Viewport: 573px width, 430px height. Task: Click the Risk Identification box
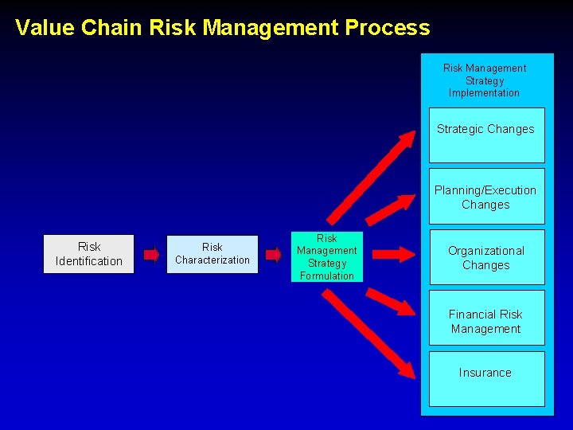coord(88,254)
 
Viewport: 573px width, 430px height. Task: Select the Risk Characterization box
coord(212,254)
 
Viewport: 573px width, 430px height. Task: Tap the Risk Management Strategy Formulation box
coord(326,256)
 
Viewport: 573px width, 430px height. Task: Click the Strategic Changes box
coord(486,135)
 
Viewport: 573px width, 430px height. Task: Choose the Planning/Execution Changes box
coord(486,196)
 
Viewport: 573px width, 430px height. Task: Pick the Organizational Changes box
coord(486,257)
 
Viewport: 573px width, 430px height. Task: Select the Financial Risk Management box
coord(486,318)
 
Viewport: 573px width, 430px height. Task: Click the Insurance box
coord(486,378)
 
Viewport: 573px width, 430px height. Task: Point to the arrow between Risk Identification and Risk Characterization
coord(150,255)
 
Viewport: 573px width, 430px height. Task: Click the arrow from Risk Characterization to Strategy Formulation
coord(273,255)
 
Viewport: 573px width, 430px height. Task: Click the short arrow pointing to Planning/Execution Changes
coord(388,209)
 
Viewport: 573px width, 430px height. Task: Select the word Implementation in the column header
coord(484,93)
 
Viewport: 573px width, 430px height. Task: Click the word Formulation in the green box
coord(326,276)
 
